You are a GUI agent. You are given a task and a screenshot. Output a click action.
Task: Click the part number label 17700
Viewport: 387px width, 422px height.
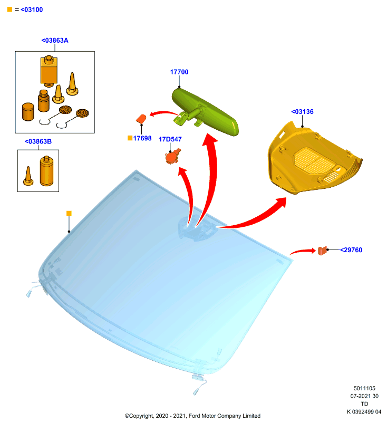pyautogui.click(x=179, y=72)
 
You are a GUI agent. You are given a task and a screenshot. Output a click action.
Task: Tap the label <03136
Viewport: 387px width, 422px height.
pyautogui.click(x=302, y=112)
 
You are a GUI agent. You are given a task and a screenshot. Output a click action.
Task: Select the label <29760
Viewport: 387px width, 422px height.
pyautogui.click(x=351, y=250)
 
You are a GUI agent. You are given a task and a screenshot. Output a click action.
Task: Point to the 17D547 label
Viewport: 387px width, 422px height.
pyautogui.click(x=170, y=139)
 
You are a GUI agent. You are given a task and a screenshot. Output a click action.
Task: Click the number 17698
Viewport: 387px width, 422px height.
pyautogui.click(x=142, y=138)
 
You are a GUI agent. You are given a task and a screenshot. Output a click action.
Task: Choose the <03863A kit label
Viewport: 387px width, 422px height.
pyautogui.click(x=55, y=41)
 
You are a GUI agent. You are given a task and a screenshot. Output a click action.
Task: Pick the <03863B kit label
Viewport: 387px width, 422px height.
pyautogui.click(x=38, y=141)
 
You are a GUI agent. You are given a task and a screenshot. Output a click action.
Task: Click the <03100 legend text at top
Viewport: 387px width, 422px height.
pyautogui.click(x=32, y=9)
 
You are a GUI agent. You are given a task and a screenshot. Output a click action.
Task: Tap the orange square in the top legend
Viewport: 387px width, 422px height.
pyautogui.click(x=9, y=9)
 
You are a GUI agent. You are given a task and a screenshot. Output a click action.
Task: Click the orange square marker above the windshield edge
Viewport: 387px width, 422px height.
pyautogui.click(x=69, y=214)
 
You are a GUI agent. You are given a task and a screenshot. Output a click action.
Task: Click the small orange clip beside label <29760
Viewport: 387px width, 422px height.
pyautogui.click(x=322, y=251)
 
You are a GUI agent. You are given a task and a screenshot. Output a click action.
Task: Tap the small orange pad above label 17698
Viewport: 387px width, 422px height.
pyautogui.click(x=141, y=119)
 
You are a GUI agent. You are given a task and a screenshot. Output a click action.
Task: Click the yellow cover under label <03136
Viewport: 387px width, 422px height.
pyautogui.click(x=315, y=158)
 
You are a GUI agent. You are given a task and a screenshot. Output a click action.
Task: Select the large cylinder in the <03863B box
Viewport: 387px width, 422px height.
pyautogui.click(x=46, y=171)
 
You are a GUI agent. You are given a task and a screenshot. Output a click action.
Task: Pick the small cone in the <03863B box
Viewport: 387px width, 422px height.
pyautogui.click(x=28, y=176)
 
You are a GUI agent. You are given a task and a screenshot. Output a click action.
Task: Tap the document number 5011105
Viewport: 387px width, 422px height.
pyautogui.click(x=364, y=388)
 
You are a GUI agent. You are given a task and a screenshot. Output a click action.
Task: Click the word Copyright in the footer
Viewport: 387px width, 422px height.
pyautogui.click(x=142, y=416)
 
